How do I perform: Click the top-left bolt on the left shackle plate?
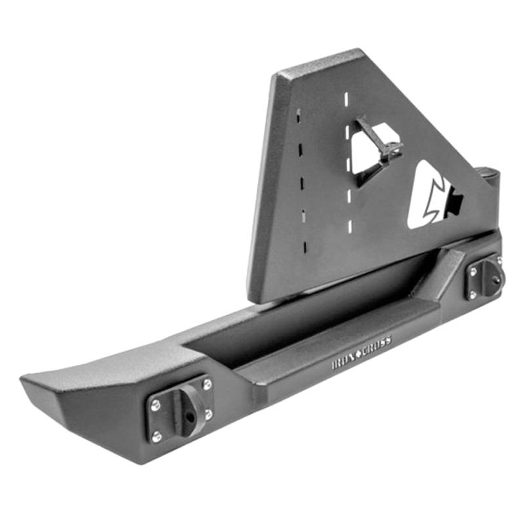[x=156, y=405]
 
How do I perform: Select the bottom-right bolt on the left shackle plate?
[x=207, y=414]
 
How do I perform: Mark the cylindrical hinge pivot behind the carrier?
[x=489, y=177]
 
